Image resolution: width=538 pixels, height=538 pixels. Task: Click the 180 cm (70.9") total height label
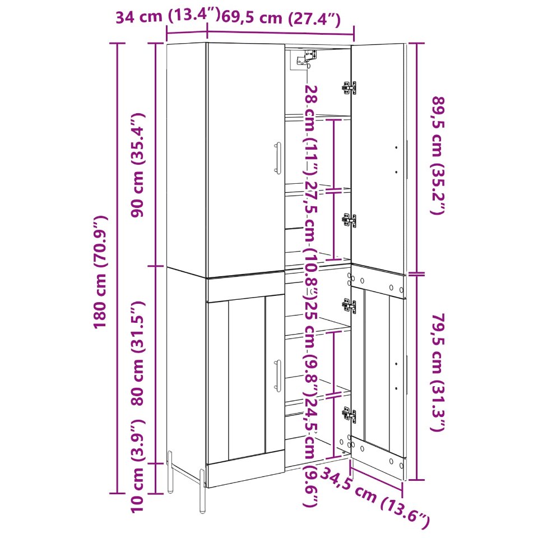tap(100, 272)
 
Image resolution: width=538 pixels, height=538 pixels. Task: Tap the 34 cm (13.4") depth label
tap(167, 16)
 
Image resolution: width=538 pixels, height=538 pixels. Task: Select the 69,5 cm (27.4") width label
tap(281, 17)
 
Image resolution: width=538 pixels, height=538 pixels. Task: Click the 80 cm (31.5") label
tap(138, 353)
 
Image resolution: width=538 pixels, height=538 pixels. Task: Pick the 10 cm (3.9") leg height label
tap(138, 466)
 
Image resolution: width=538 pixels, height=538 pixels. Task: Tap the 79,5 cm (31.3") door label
tap(438, 372)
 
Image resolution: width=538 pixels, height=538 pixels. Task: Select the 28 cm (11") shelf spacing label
tap(312, 131)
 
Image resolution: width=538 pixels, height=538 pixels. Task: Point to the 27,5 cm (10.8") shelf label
tap(312, 239)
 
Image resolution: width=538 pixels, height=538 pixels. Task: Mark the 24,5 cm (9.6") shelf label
tap(312, 452)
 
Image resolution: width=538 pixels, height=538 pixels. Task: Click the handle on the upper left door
tap(277, 158)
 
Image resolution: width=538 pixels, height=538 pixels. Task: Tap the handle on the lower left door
tap(277, 375)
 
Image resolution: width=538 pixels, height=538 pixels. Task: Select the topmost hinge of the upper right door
tap(349, 88)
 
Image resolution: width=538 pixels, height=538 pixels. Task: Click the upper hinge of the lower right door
tap(349, 305)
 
